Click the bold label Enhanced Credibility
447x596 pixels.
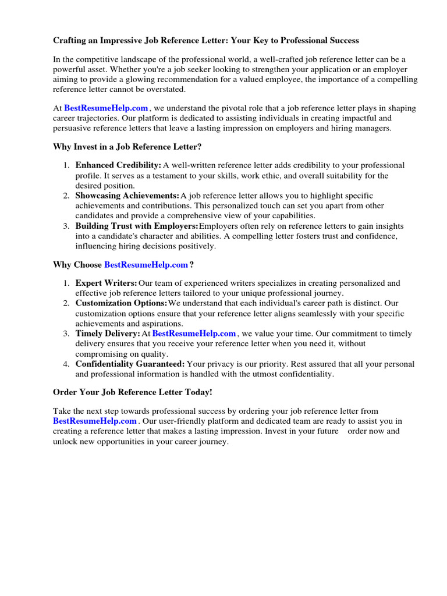tap(118, 165)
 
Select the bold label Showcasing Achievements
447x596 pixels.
tap(127, 196)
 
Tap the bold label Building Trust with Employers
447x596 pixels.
tap(137, 226)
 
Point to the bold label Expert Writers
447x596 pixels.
tap(106, 283)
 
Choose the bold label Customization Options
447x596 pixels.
tap(121, 303)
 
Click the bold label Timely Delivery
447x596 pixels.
tap(108, 334)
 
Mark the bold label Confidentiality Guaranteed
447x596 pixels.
tap(130, 364)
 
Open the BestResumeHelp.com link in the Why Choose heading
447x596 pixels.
tap(146, 265)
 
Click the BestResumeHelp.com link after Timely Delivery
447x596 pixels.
tap(194, 334)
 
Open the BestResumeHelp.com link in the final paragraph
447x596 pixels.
tap(95, 421)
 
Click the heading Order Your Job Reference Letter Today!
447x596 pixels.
tap(133, 392)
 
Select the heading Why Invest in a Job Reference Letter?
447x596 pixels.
tap(127, 147)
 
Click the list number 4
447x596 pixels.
tap(66, 364)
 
